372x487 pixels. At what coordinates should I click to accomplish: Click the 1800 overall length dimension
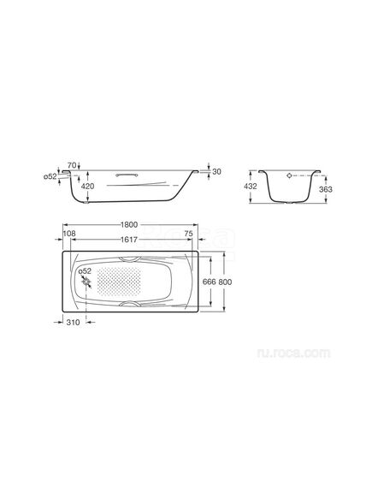129,224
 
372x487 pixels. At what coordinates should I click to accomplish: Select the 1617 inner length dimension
129,240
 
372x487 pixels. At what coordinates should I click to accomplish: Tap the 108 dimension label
69,234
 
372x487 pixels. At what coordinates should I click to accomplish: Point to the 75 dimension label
189,234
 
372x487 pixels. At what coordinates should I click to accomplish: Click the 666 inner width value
210,282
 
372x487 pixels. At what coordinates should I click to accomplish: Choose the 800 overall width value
225,282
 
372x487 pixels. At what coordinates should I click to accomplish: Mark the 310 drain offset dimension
74,323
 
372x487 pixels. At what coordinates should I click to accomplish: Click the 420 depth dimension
87,187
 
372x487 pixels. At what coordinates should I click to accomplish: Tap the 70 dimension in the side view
72,165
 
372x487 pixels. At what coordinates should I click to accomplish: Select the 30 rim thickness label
217,171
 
